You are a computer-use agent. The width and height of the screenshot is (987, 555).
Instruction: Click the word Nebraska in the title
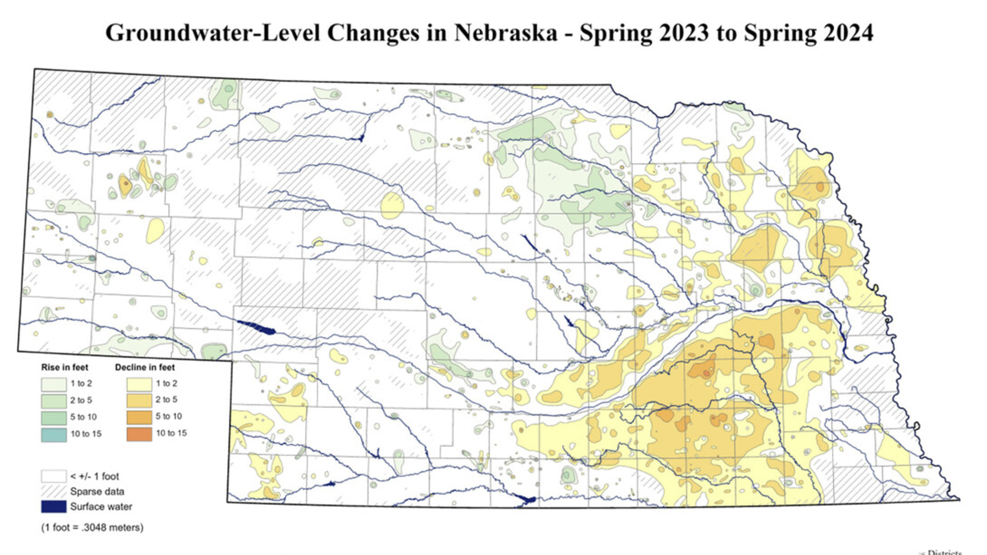[x=506, y=33]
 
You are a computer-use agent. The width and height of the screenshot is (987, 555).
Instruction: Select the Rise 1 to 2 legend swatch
[x=54, y=384]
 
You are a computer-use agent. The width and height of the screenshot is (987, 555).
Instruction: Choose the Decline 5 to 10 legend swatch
[x=139, y=417]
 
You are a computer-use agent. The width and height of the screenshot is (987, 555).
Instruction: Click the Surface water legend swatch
[x=54, y=506]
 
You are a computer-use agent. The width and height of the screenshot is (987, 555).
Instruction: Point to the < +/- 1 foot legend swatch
[x=54, y=476]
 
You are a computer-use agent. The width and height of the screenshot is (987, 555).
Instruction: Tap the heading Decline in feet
[x=145, y=368]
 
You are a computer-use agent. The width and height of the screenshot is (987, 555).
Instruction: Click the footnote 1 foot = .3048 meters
[x=92, y=528]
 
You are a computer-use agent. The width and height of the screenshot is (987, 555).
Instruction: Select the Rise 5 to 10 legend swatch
[x=54, y=418]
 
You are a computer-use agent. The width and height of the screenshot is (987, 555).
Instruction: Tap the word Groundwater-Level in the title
[x=213, y=33]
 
